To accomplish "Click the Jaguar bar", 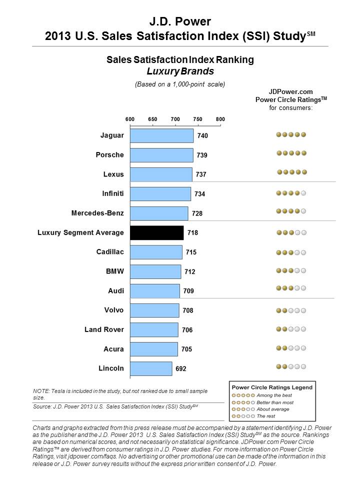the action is tap(161, 135).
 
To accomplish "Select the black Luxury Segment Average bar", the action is tap(156, 232).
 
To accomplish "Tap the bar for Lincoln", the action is tap(151, 368).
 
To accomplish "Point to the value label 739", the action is tap(202, 155).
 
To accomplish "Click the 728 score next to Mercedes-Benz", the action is tap(197, 213).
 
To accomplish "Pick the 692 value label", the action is tap(181, 368).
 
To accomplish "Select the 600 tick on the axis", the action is tap(130, 119).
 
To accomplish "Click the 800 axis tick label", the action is tap(220, 119).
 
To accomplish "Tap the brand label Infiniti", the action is tap(113, 193).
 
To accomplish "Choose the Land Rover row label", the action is tap(104, 329).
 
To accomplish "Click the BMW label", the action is tap(115, 271).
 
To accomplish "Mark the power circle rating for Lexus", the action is tap(291, 172).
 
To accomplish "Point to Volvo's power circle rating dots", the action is tap(291, 310).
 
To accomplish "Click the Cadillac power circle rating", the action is tap(291, 252).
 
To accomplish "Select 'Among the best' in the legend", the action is tap(274, 395).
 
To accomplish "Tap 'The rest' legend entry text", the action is tap(266, 416).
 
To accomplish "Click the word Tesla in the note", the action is tap(58, 391).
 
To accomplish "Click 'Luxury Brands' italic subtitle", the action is tap(180, 71).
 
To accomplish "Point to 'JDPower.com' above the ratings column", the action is tap(291, 91).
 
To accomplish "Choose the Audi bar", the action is tap(155, 291).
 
